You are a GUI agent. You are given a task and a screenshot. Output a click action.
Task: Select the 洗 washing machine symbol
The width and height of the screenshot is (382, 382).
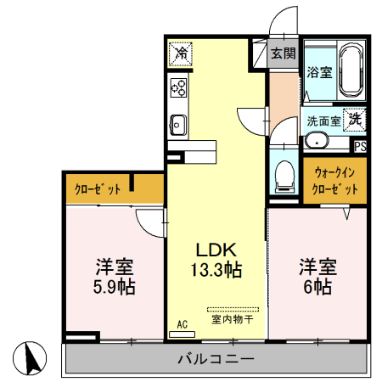click(354, 120)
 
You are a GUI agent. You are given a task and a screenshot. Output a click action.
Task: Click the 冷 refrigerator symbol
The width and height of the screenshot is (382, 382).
click(179, 53)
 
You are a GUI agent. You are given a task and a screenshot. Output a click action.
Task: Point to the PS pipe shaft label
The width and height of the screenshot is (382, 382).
click(361, 145)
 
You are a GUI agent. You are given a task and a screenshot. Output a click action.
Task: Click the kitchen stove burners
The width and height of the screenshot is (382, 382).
click(179, 87)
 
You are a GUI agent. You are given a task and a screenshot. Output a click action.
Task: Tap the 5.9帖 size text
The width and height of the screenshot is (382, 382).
click(114, 286)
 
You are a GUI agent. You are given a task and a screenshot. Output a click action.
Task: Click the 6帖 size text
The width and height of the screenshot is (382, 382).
click(317, 286)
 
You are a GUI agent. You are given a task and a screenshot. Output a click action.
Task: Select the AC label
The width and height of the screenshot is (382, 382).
click(182, 324)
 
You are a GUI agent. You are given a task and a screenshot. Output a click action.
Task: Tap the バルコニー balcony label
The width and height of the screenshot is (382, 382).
click(216, 359)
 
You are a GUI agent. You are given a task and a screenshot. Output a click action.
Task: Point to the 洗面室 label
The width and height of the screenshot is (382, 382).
click(323, 121)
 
